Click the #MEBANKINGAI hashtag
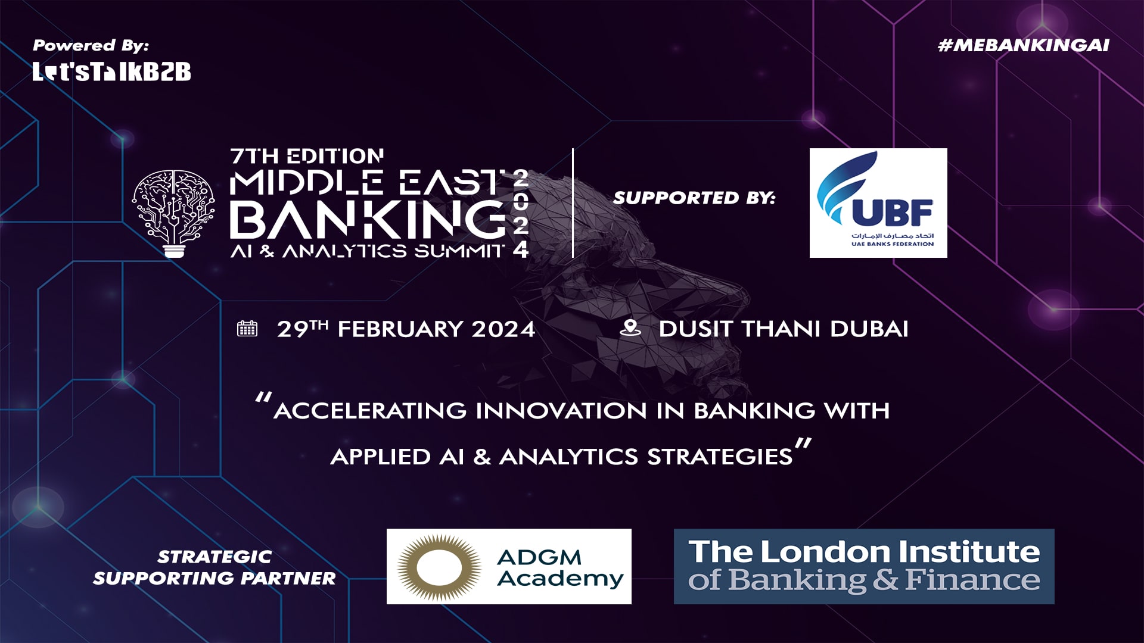pos(1023,46)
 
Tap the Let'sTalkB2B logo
pos(111,71)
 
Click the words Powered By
pos(91,45)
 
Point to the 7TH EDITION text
pos(307,156)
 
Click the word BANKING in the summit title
pos(368,219)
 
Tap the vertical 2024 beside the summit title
pos(521,213)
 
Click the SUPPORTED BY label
pos(694,198)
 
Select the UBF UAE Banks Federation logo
pos(878,203)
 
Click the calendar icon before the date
pos(247,329)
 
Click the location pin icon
pos(630,328)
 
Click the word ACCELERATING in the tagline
pos(371,411)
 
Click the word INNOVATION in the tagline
pos(561,411)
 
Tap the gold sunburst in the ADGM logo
pos(440,567)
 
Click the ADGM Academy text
pos(560,568)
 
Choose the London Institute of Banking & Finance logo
pos(864,566)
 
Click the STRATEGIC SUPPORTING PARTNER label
pos(214,567)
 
